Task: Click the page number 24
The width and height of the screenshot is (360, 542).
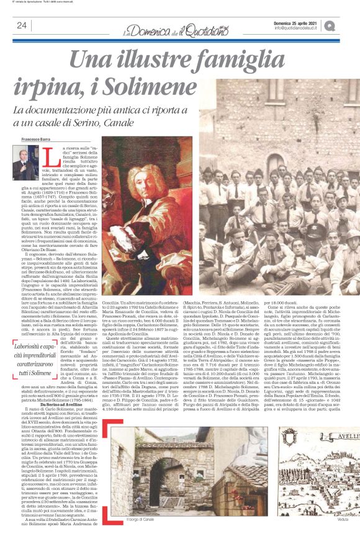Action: (22, 25)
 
